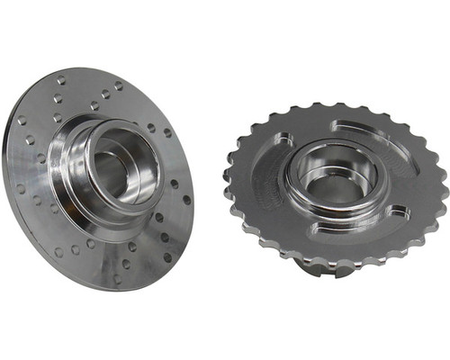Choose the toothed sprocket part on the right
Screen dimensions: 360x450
tap(337, 184)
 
